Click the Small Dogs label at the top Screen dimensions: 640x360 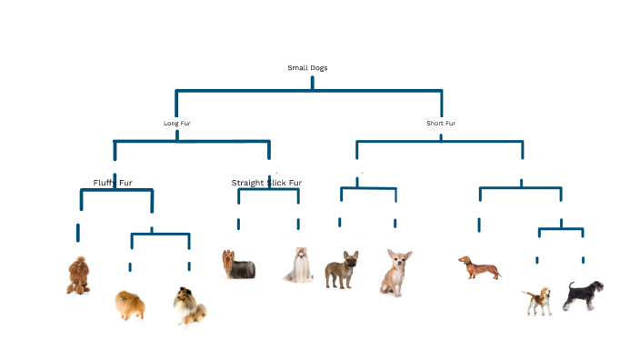pos(307,67)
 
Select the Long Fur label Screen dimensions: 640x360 pos(176,123)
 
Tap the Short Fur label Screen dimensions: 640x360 pos(441,123)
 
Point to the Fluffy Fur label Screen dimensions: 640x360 pos(113,183)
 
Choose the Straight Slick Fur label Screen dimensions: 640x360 pos(266,183)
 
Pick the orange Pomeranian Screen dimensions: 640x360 pos(129,305)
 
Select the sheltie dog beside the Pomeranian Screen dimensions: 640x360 pos(190,305)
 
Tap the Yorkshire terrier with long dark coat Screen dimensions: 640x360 pos(238,265)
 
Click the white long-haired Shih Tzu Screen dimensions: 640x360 pos(299,265)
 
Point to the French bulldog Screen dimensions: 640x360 pos(342,270)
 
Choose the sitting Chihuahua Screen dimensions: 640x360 pos(395,273)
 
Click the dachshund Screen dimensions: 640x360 pos(479,267)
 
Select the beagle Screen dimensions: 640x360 pos(536,301)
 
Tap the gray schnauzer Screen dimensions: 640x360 pos(582,295)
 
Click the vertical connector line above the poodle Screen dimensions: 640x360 pos(78,232)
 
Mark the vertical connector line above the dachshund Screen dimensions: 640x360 pos(479,224)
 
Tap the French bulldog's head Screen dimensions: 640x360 pos(349,259)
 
